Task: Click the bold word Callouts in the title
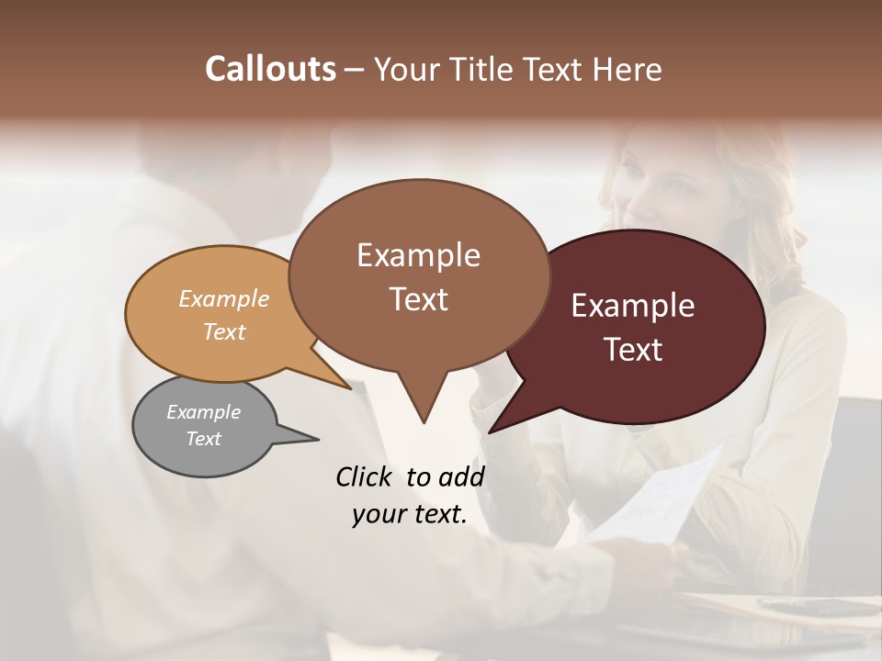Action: [x=271, y=69]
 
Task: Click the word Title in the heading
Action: [x=483, y=69]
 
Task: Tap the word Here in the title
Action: [x=628, y=69]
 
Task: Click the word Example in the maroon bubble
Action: [x=633, y=306]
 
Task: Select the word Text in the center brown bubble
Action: [x=419, y=299]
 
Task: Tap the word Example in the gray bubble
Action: [x=203, y=412]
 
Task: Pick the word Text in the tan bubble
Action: [x=224, y=331]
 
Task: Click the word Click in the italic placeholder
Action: [x=366, y=476]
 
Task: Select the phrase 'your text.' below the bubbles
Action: [x=410, y=514]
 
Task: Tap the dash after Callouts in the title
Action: [x=356, y=70]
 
